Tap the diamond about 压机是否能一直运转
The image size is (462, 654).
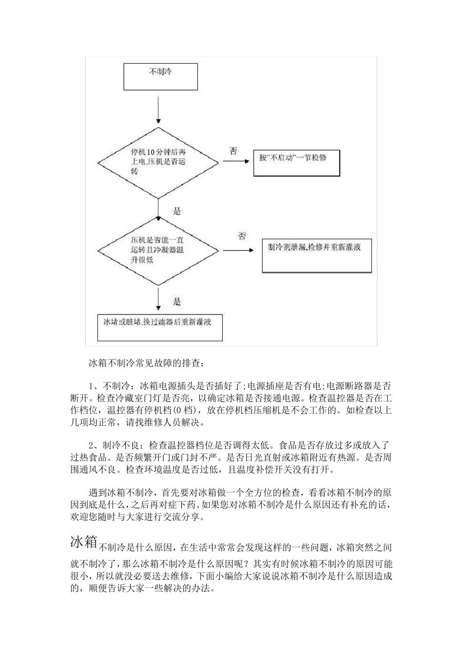pos(159,250)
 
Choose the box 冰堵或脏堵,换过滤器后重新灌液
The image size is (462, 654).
pos(160,327)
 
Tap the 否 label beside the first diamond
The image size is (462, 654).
pos(233,151)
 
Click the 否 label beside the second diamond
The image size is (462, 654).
pos(242,236)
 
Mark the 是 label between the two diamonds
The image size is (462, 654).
pos(177,211)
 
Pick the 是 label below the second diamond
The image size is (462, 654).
pos(177,302)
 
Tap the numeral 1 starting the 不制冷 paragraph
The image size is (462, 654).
pos(92,386)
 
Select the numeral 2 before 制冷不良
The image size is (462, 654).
pos(92,446)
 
